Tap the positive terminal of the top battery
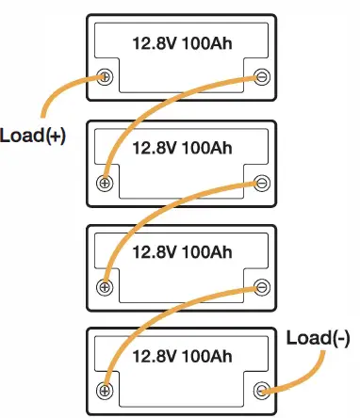tap(106, 78)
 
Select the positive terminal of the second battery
tap(106, 182)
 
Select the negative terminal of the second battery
tap(261, 182)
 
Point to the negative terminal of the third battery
tap(261, 285)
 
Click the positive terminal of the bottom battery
tap(106, 389)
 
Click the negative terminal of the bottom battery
tap(261, 389)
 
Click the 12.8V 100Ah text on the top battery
tap(182, 42)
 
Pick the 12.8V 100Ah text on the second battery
tap(182, 147)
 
